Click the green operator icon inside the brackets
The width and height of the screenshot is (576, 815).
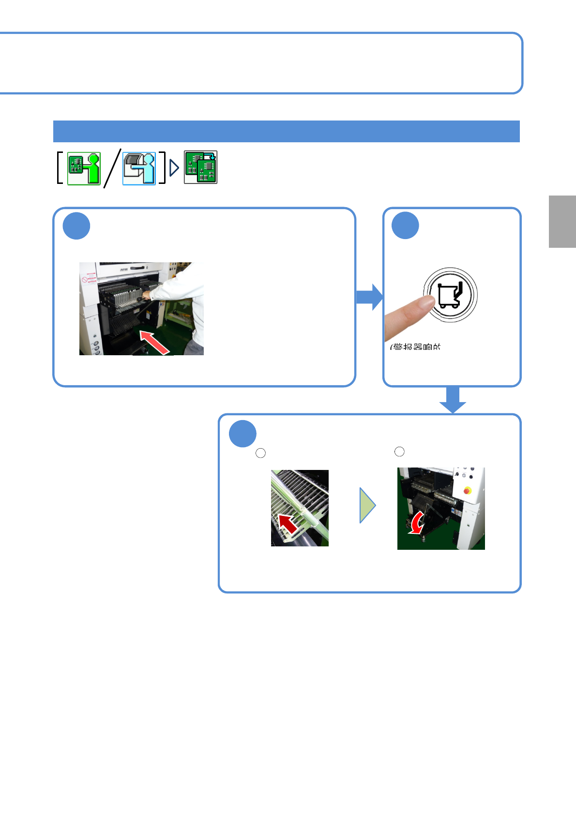[84, 168]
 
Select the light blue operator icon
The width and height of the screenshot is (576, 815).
[139, 168]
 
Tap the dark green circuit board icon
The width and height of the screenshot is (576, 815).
[200, 167]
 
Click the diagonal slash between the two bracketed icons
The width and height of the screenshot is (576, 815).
[112, 168]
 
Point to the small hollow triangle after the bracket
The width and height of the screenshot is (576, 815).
[174, 168]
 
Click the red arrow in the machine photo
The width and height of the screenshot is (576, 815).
[155, 342]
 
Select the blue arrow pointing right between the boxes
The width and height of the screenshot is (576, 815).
[369, 297]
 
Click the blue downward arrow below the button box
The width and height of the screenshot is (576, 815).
[453, 400]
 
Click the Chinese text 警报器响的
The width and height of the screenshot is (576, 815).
[416, 347]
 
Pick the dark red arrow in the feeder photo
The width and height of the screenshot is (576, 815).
[288, 524]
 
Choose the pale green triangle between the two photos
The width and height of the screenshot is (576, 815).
[367, 505]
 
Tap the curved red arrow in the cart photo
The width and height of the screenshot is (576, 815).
[416, 524]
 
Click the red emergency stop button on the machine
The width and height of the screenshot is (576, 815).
[467, 490]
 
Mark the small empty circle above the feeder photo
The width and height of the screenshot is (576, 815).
[260, 453]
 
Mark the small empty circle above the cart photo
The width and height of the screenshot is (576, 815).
[399, 452]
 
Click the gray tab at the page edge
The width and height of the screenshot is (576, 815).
[562, 222]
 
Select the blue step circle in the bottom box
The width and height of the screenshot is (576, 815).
[243, 434]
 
